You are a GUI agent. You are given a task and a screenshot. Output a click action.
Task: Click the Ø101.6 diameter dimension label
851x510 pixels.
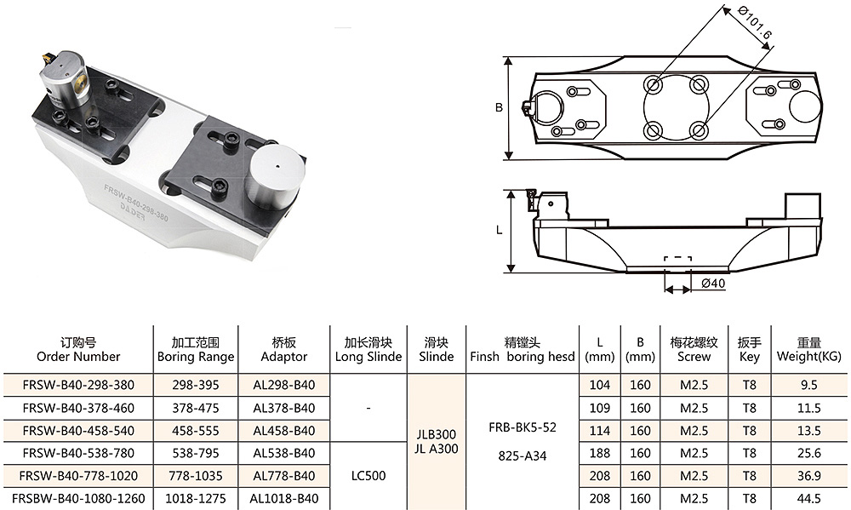755,22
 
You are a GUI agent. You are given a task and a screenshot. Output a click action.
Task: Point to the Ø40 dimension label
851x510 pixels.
712,283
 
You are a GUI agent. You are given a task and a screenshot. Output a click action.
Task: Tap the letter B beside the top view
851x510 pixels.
499,107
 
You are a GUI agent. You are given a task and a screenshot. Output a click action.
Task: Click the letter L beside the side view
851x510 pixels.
499,230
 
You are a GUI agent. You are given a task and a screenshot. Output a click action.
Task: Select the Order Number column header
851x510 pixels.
78,350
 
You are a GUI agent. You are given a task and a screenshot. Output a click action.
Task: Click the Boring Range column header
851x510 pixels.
196,350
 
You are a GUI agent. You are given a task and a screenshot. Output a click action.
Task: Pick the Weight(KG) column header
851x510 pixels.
808,350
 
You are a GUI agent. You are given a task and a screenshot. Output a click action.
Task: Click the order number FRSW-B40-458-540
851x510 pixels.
78,431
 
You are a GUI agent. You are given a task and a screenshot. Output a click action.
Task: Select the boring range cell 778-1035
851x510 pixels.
196,476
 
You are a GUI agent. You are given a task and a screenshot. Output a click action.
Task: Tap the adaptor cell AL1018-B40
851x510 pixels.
284,499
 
